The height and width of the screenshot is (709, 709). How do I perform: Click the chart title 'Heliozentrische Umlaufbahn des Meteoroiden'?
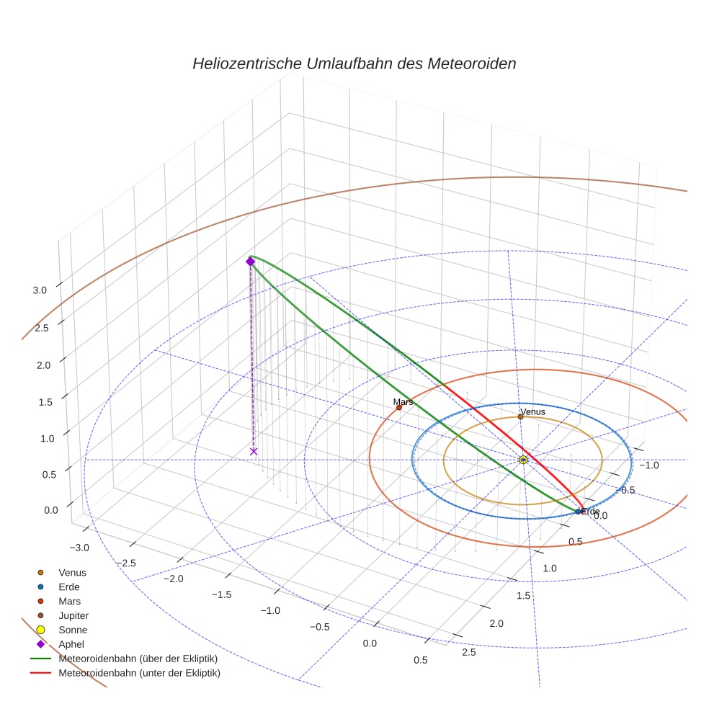(x=354, y=63)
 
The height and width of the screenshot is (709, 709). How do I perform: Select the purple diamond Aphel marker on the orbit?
(x=250, y=262)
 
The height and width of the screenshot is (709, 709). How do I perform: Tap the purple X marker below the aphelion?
(x=254, y=452)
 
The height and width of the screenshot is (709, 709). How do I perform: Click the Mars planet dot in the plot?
(x=399, y=408)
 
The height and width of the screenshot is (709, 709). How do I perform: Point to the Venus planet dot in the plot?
(x=520, y=416)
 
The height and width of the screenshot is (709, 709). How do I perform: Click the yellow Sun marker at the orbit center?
(x=523, y=460)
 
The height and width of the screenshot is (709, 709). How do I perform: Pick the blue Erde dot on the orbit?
(x=579, y=512)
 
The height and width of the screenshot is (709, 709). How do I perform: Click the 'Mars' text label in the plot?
(x=403, y=401)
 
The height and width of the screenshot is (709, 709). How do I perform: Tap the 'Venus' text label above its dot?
(x=532, y=411)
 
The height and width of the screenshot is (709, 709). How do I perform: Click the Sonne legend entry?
(x=73, y=630)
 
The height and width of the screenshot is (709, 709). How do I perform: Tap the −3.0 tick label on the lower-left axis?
(x=80, y=548)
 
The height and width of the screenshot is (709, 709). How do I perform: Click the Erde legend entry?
(x=69, y=587)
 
